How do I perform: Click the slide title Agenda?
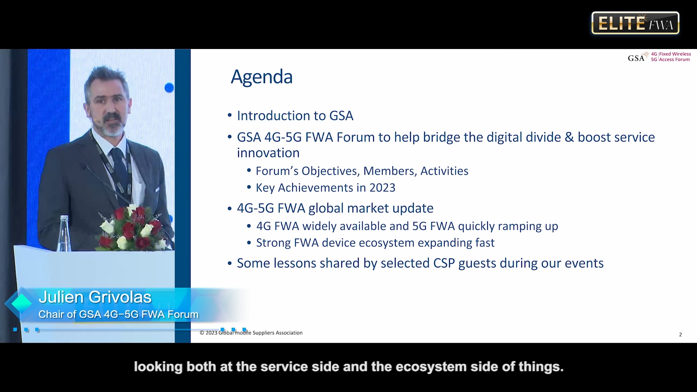point(262,77)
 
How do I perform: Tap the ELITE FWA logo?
point(635,23)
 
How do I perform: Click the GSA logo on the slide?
point(659,57)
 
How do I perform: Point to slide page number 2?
point(680,335)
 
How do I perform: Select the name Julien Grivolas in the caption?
point(95,297)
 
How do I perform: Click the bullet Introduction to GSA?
point(295,116)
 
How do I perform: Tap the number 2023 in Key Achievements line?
point(382,188)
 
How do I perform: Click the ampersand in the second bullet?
point(569,137)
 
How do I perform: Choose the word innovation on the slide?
point(268,153)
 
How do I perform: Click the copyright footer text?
point(251,333)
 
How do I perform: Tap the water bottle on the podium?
point(64,233)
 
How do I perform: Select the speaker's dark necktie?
point(121,171)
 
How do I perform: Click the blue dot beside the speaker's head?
point(169,88)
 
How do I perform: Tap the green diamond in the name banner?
point(21,303)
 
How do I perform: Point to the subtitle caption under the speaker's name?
point(119,314)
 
